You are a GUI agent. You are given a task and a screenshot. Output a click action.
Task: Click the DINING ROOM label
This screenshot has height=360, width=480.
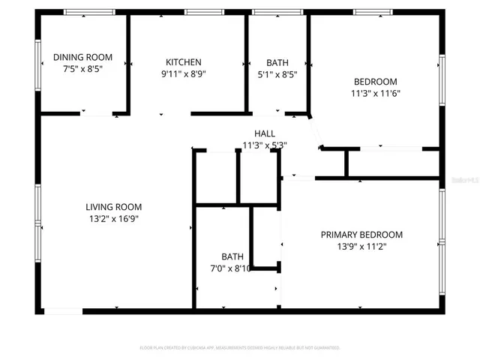pyautogui.click(x=82, y=57)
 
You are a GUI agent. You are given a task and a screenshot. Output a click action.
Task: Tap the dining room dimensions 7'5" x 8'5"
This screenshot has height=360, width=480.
pyautogui.click(x=82, y=68)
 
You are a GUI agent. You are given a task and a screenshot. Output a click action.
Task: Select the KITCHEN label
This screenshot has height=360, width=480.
pyautogui.click(x=184, y=62)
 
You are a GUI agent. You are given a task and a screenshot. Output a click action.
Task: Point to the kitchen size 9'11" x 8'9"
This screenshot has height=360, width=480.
pyautogui.click(x=184, y=74)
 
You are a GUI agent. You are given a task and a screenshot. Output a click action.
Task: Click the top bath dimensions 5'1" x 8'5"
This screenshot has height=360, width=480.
pyautogui.click(x=277, y=74)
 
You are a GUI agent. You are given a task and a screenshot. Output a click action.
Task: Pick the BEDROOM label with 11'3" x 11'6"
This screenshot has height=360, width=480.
pyautogui.click(x=375, y=81)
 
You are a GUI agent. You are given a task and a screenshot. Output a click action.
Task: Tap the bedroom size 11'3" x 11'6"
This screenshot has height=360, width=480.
pyautogui.click(x=375, y=94)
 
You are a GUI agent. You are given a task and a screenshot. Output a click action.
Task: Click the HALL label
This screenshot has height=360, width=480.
pyautogui.click(x=265, y=133)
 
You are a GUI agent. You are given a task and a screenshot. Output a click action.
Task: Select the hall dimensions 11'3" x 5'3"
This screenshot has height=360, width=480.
pyautogui.click(x=265, y=145)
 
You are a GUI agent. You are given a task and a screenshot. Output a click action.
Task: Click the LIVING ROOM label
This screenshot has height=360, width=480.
pyautogui.click(x=113, y=207)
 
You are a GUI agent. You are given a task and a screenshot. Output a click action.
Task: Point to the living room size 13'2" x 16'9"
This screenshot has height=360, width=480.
pyautogui.click(x=113, y=219)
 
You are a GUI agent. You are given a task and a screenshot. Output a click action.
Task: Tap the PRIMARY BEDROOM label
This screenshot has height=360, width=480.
pyautogui.click(x=361, y=234)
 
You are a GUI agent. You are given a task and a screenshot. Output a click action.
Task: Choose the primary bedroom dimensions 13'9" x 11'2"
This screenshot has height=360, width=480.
pyautogui.click(x=361, y=246)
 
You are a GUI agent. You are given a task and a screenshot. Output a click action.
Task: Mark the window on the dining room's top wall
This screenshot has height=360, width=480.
pyautogui.click(x=88, y=12)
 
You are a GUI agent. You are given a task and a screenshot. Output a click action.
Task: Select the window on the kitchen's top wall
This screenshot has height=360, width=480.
pyautogui.click(x=199, y=12)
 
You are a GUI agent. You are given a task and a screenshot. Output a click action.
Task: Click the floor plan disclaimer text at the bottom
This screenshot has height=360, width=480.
pyautogui.click(x=240, y=348)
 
